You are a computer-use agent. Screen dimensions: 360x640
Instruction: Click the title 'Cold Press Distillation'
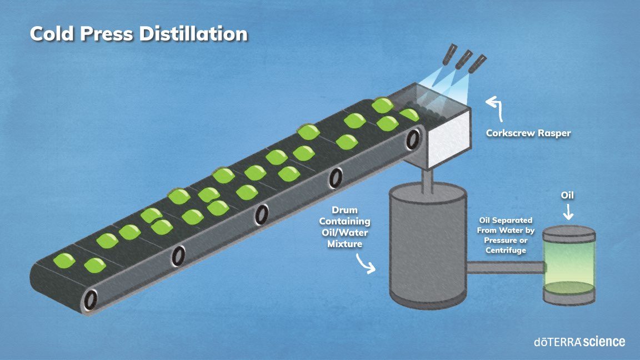pos(138,34)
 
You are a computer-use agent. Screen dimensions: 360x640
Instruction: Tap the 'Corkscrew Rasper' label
pos(528,133)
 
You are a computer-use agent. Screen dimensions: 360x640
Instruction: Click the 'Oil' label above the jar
pos(567,196)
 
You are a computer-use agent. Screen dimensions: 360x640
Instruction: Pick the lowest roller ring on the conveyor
pos(90,301)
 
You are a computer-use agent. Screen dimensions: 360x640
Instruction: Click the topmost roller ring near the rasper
pos(413,140)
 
